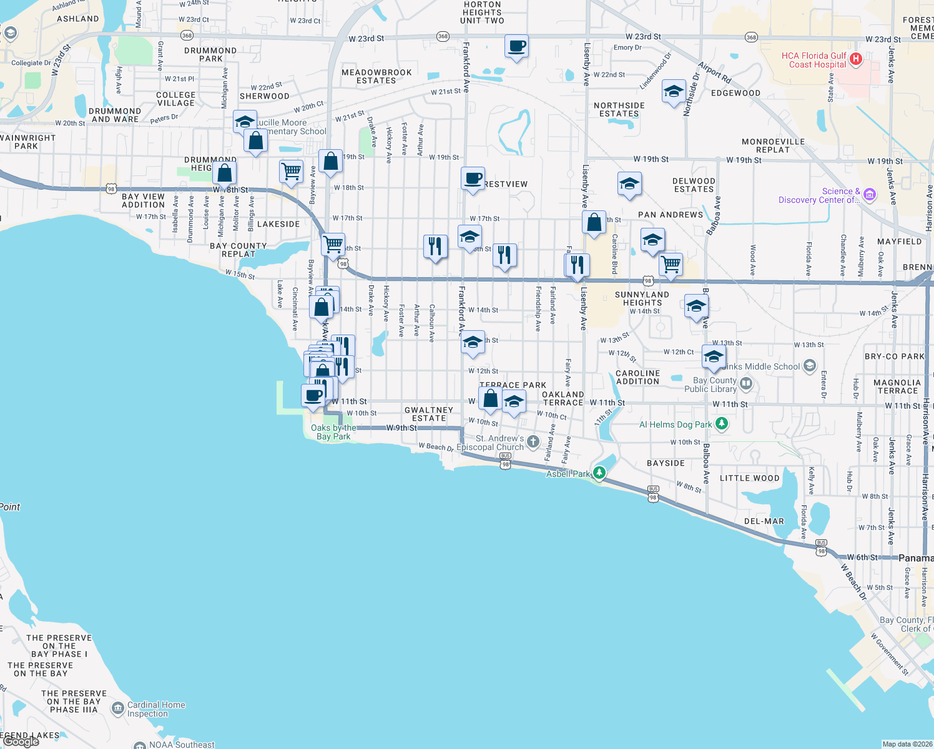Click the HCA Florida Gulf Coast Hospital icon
pos(856,59)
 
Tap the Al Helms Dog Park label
pos(676,424)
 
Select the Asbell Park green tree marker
pos(599,472)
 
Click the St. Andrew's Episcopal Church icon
pos(533,442)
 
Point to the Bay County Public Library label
pos(710,384)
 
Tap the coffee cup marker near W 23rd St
pos(516,47)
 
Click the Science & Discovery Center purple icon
pos(870,195)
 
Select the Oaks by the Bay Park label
pos(333,432)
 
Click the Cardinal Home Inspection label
pos(156,709)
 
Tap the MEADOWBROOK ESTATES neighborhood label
pos(376,76)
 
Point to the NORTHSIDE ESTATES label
pos(619,109)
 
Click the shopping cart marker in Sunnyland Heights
pos(671,265)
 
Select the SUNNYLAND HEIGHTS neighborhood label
pos(642,298)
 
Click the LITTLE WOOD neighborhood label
pos(749,478)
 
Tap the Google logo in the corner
pos(21,742)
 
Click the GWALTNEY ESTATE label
pos(429,414)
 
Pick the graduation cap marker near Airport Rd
pos(673,92)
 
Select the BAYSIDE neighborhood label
pos(666,463)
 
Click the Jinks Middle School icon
pos(810,366)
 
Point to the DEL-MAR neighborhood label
pos(764,521)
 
